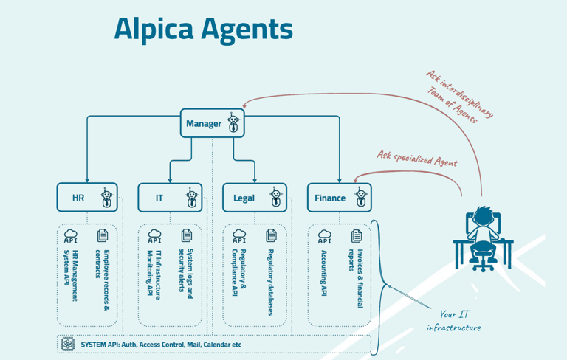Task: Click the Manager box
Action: pyautogui.click(x=212, y=123)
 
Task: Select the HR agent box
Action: pyautogui.click(x=87, y=198)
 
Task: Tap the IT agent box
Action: pyautogui.click(x=170, y=198)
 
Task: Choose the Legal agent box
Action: pyautogui.click(x=255, y=198)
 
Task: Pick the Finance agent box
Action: pyautogui.click(x=339, y=198)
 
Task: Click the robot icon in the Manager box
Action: pyautogui.click(x=233, y=123)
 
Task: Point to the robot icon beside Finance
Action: pyautogui.click(x=361, y=198)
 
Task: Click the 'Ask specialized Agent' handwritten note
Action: pyautogui.click(x=416, y=159)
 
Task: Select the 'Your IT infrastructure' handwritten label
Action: pyautogui.click(x=453, y=320)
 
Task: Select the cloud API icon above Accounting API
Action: pyautogui.click(x=324, y=236)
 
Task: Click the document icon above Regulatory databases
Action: pyautogui.click(x=271, y=235)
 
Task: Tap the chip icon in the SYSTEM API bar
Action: pyautogui.click(x=68, y=344)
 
